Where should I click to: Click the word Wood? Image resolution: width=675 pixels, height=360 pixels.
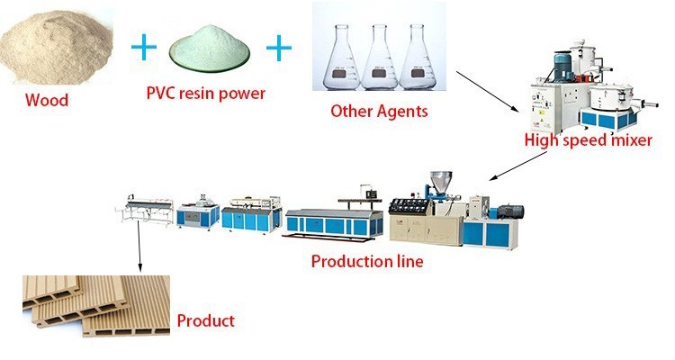click(46, 99)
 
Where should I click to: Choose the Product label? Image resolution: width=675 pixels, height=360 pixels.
click(205, 320)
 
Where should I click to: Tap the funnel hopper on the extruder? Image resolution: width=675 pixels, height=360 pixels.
click(440, 179)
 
